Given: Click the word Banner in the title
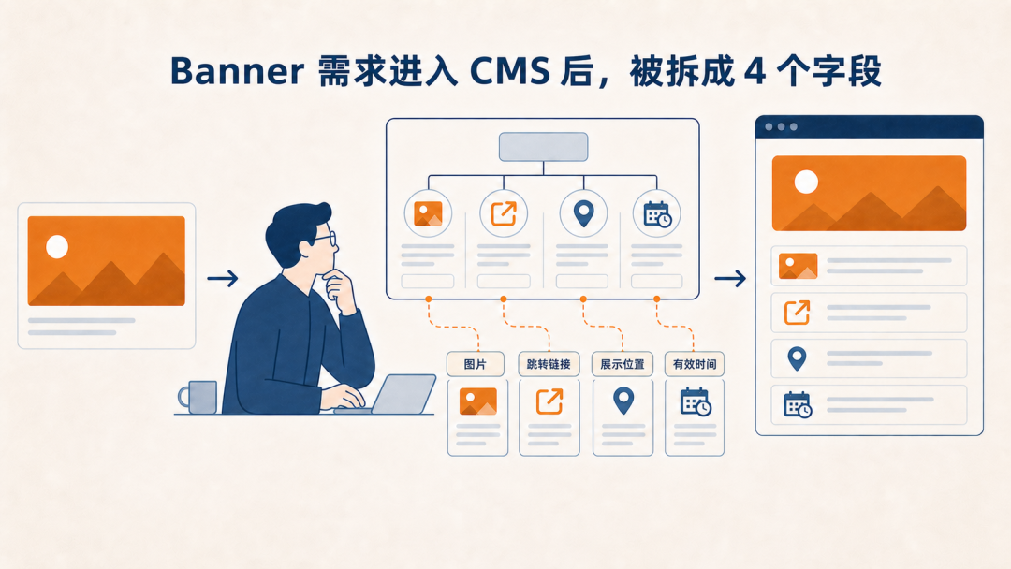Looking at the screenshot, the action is tap(237, 71).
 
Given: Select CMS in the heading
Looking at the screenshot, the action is tap(509, 71).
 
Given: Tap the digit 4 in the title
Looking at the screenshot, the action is tap(755, 71).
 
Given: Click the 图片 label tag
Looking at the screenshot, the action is tap(476, 364).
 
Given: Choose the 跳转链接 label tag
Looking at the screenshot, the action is tap(549, 364).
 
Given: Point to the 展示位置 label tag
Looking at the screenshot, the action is tap(623, 364).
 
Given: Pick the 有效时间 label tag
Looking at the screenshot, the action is tap(695, 364).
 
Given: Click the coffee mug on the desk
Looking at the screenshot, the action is tap(198, 397).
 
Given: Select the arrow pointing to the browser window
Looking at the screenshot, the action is tap(730, 278).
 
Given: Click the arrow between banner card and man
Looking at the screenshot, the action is tap(223, 278).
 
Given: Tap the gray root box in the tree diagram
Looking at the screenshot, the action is tap(544, 147).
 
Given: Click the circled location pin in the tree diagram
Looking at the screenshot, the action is tap(583, 213).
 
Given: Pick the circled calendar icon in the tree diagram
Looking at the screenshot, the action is tap(657, 213).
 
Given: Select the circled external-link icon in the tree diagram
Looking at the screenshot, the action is tap(504, 213).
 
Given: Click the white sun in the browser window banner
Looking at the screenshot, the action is tap(806, 182).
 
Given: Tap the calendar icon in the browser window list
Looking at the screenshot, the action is tap(798, 404).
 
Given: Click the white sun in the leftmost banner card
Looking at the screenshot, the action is tap(57, 246).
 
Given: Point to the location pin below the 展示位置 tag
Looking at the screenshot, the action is tap(623, 401).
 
